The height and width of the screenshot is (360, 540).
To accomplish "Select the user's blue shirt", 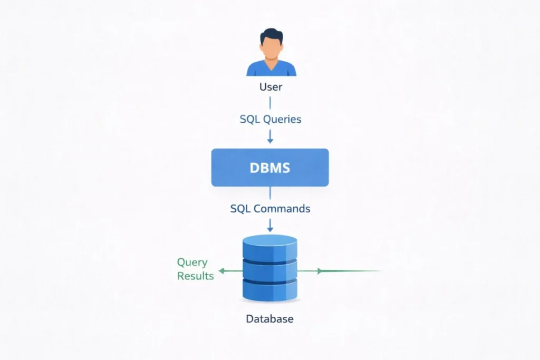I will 271,69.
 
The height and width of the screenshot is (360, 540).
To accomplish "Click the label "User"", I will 271,86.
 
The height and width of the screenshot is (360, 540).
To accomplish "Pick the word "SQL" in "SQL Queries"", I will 250,119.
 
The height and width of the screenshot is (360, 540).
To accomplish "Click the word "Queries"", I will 282,119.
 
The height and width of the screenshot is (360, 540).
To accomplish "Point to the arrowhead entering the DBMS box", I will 270,140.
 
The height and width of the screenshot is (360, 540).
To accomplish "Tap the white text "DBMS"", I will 270,168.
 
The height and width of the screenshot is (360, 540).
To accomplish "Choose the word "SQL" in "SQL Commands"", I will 240,208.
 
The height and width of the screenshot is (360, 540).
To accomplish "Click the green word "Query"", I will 192,262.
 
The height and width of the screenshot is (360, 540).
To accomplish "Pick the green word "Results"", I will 196,276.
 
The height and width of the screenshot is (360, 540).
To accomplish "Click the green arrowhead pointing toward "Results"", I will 221,271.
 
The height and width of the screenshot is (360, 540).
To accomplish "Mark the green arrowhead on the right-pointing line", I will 319,271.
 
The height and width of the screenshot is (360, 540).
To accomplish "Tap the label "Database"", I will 269,319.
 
